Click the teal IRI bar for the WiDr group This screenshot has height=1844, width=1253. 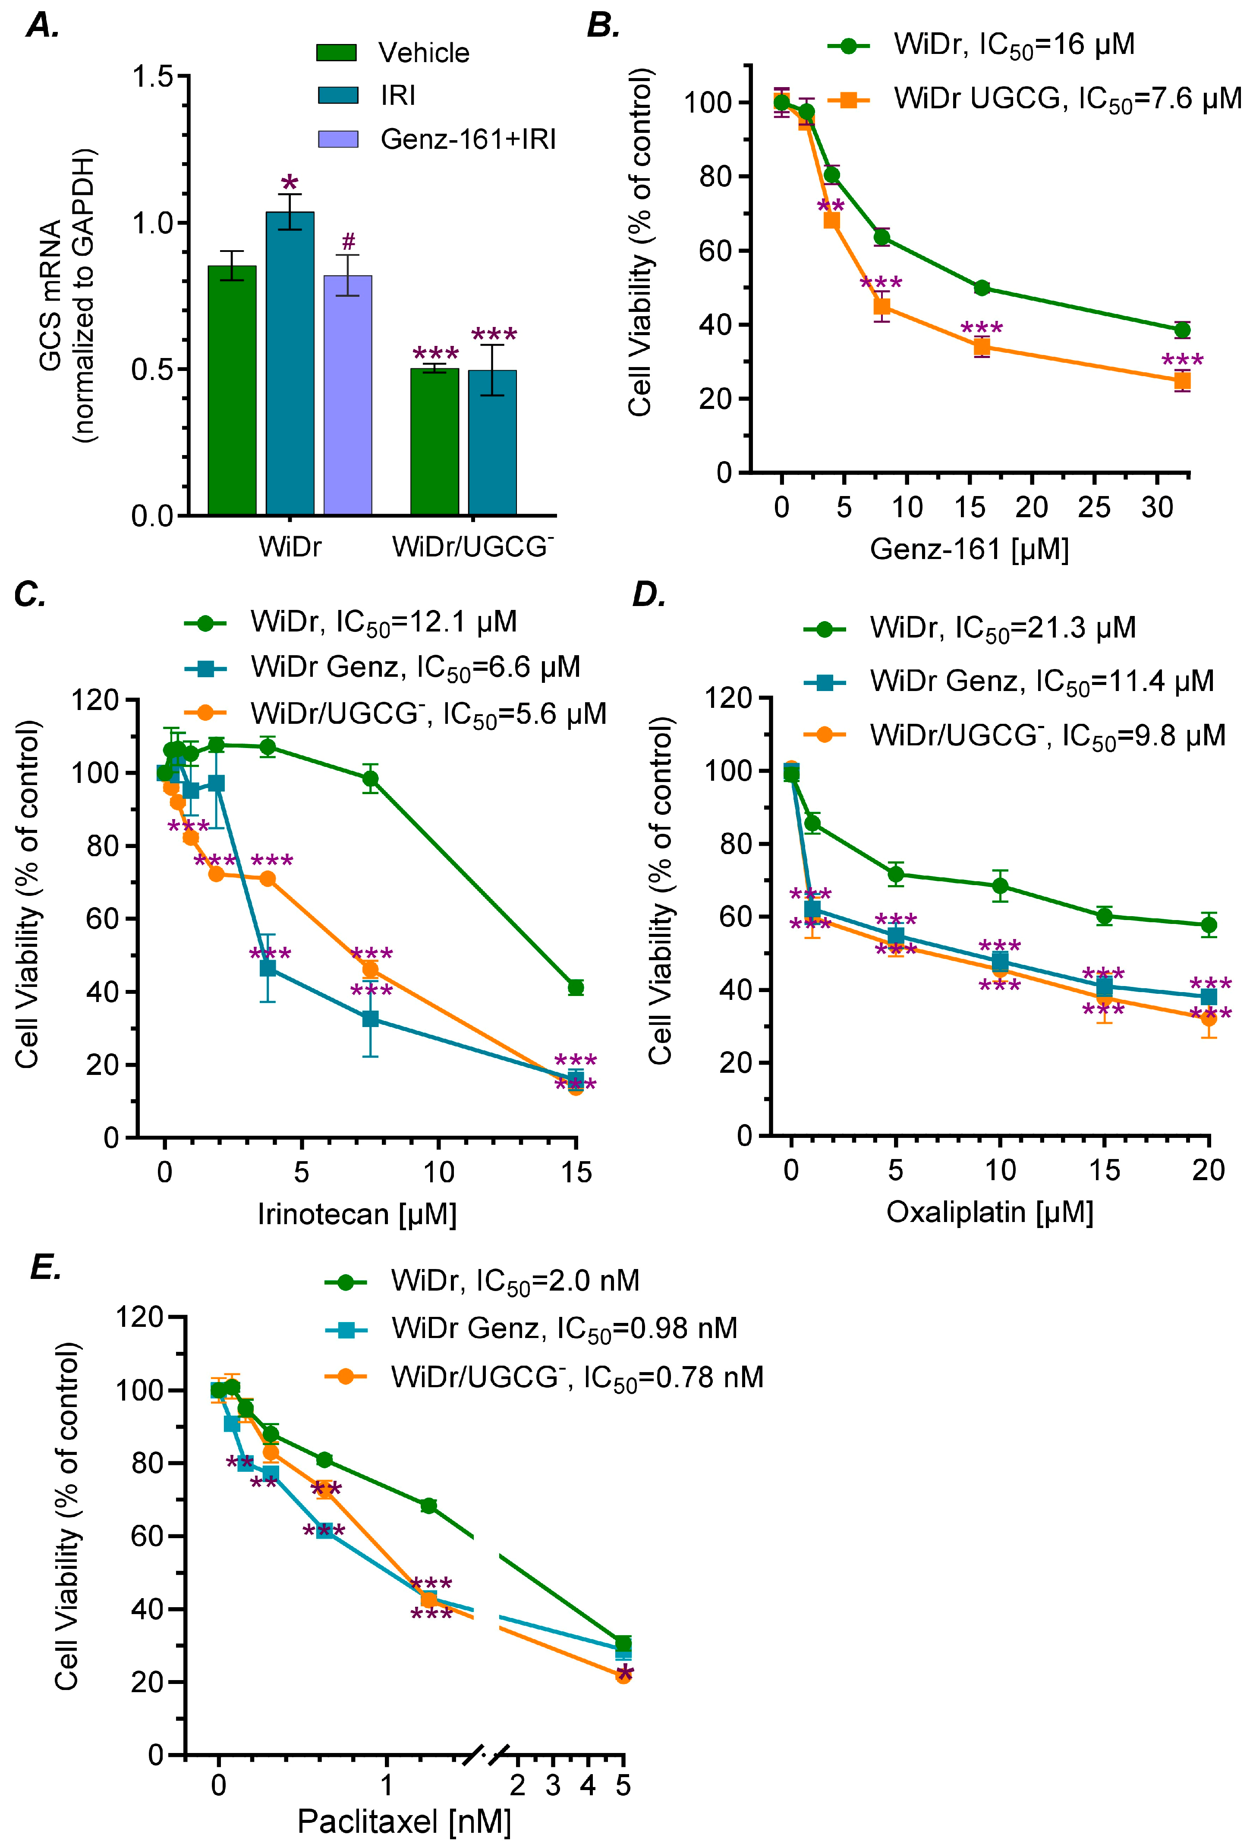290,363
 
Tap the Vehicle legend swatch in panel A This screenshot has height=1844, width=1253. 337,52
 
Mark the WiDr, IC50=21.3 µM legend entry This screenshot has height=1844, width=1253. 1002,628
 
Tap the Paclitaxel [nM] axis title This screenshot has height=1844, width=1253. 404,1821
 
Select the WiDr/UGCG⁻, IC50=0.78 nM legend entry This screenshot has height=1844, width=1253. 577,1377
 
